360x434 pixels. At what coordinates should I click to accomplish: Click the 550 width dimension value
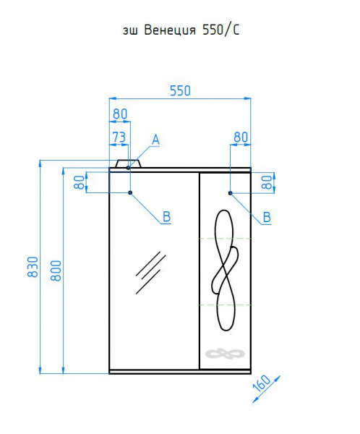180,91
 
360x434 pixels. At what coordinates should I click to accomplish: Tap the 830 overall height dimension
33,267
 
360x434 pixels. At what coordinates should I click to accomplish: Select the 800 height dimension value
56,271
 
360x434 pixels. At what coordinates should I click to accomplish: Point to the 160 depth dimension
262,383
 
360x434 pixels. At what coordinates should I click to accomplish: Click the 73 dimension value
119,137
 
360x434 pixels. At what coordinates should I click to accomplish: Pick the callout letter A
156,140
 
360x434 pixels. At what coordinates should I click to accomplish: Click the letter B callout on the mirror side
166,217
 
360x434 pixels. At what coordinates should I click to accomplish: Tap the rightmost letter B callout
267,217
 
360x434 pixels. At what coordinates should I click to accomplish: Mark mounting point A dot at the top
129,168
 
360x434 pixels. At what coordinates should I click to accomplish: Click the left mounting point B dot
130,192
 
